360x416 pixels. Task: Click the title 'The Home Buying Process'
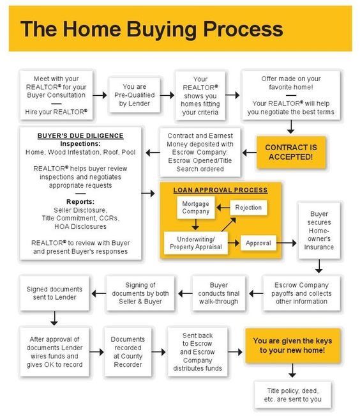(x=152, y=29)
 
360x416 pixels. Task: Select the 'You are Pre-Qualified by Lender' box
(x=135, y=95)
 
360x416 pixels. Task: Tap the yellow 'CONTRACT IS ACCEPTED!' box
(x=291, y=152)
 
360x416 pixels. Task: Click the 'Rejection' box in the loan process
(x=248, y=208)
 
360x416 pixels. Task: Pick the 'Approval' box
(x=259, y=243)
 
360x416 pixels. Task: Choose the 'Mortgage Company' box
(x=196, y=208)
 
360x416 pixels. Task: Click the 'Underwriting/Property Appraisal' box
(x=196, y=243)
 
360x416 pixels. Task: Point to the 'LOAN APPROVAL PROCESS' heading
(x=220, y=190)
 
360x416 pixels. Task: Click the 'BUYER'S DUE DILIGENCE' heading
(x=80, y=136)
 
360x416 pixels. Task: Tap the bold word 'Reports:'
(x=80, y=202)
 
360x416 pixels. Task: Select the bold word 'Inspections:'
(x=80, y=144)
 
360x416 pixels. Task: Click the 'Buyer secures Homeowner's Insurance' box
(x=319, y=230)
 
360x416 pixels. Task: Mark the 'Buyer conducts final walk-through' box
(x=219, y=293)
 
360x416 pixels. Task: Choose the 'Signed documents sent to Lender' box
(x=54, y=293)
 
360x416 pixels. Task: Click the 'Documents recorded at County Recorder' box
(x=128, y=352)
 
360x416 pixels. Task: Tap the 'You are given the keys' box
(x=292, y=346)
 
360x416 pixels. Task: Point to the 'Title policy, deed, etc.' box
(x=292, y=395)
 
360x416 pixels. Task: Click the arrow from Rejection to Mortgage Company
(x=223, y=207)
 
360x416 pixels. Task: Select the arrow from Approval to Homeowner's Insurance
(x=287, y=243)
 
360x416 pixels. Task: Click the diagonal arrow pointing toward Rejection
(x=229, y=224)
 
